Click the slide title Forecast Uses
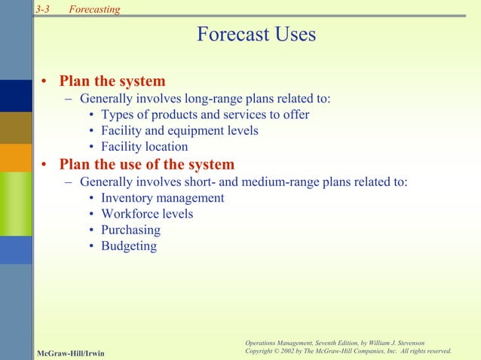pyautogui.click(x=256, y=35)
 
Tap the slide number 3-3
pyautogui.click(x=42, y=9)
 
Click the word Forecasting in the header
pyautogui.click(x=94, y=9)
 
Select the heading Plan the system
pyautogui.click(x=112, y=81)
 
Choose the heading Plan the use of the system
pyautogui.click(x=146, y=164)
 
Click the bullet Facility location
pyautogui.click(x=144, y=147)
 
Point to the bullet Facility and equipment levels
pyautogui.click(x=179, y=130)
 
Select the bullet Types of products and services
pyautogui.click(x=204, y=114)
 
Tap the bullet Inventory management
pyautogui.click(x=162, y=198)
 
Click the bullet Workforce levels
pyautogui.click(x=147, y=214)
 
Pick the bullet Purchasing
pyautogui.click(x=130, y=230)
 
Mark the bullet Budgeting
pyautogui.click(x=129, y=246)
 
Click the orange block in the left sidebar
pyautogui.click(x=16, y=157)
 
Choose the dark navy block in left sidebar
pyautogui.click(x=16, y=95)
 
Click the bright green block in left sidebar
pyautogui.click(x=16, y=203)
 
